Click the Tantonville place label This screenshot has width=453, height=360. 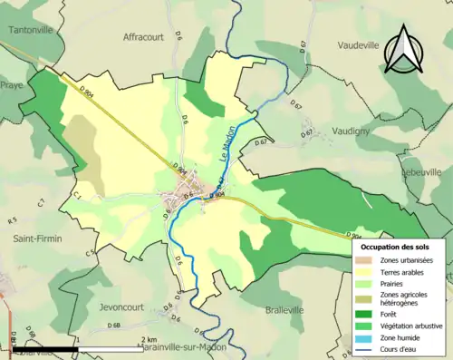coord(30,29)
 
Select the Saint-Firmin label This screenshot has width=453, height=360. coord(37,238)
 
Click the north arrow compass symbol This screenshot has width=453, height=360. coord(401,50)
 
